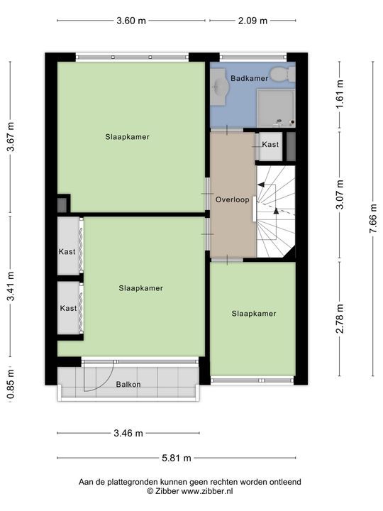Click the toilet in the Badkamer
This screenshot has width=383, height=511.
(282, 75)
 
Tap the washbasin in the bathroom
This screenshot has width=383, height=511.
(219, 87)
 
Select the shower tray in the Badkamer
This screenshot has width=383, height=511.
(276, 108)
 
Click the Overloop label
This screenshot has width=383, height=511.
(232, 199)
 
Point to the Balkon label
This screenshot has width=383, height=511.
(128, 384)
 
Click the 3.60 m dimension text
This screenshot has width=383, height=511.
(131, 21)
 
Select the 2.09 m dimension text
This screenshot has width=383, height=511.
(252, 21)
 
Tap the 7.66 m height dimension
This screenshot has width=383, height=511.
(373, 218)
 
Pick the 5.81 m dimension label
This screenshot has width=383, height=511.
(177, 458)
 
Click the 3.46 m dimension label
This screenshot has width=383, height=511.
(128, 433)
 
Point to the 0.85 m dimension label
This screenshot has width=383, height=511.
(11, 384)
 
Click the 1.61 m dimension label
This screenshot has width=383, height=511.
(340, 94)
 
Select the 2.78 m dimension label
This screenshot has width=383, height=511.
(340, 319)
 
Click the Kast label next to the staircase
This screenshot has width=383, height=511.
(270, 144)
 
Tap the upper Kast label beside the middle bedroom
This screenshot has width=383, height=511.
(67, 251)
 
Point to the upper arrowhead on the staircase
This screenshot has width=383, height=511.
(261, 185)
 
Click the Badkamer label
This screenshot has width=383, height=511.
(249, 78)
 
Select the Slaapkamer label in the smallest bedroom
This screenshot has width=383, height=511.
(254, 314)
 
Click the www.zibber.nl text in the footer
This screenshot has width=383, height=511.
(207, 491)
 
